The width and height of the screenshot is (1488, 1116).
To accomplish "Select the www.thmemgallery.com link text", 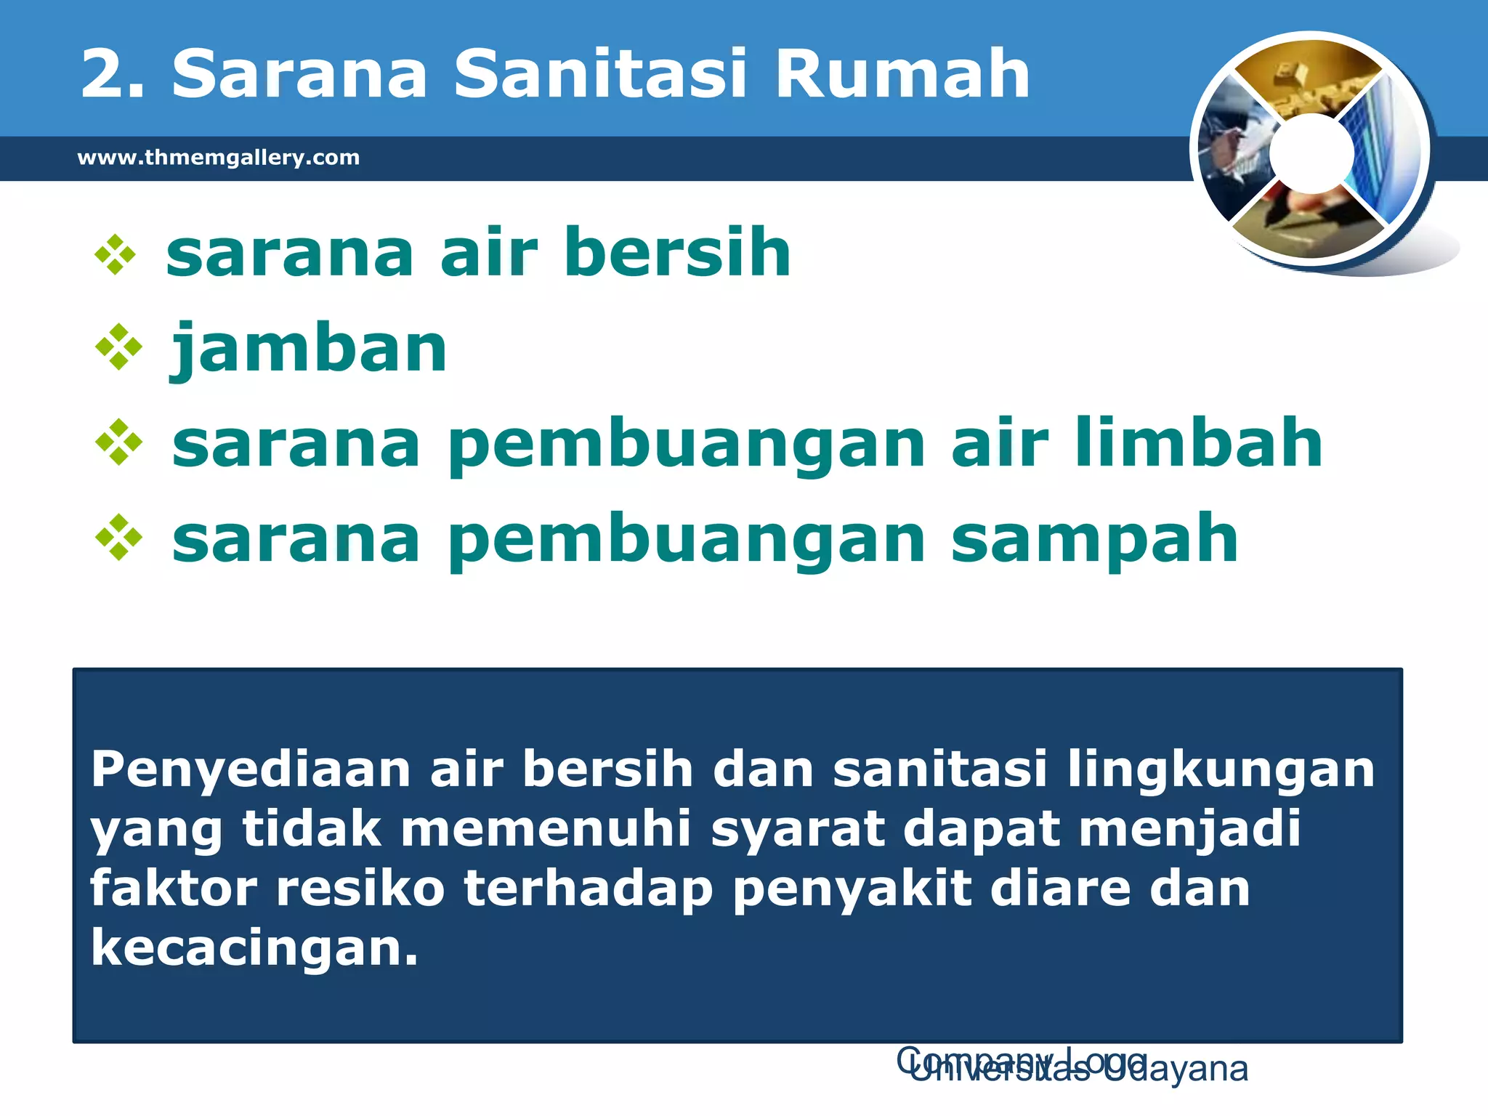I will tap(219, 158).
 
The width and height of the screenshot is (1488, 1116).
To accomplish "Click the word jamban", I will tap(309, 350).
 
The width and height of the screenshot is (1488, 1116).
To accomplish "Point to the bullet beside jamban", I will tap(118, 348).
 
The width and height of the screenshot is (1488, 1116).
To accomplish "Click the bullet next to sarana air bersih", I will tap(116, 254).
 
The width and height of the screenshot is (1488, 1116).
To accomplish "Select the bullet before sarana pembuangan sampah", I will tap(118, 538).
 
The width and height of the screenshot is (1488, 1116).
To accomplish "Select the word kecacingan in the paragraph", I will tap(254, 948).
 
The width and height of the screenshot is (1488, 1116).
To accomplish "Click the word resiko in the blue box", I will tap(360, 889).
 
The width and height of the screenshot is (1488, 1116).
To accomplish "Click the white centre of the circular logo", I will tap(1312, 153).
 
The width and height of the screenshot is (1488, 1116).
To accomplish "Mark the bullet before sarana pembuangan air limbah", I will tap(118, 442).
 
